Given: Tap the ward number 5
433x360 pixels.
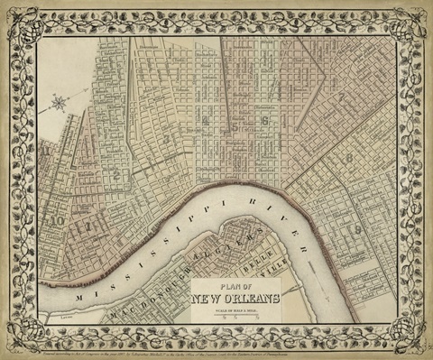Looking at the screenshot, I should (x=235, y=126).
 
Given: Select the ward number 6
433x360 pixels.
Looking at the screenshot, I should (x=264, y=119).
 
